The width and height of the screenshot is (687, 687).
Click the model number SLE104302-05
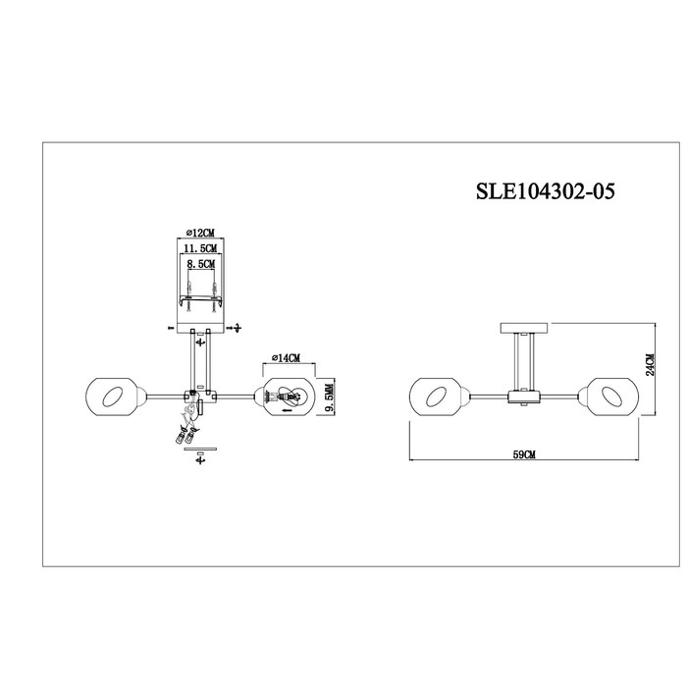[x=546, y=191]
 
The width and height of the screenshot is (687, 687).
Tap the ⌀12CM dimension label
[x=200, y=233]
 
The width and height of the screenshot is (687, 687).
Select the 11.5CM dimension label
[x=200, y=248]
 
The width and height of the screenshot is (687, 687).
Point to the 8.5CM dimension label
[x=201, y=264]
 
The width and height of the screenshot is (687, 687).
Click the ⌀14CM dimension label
[x=286, y=358]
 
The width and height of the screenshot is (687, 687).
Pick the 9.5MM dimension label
[x=330, y=396]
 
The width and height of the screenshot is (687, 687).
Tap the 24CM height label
[x=650, y=364]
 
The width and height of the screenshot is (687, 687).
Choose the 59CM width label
[x=524, y=454]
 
